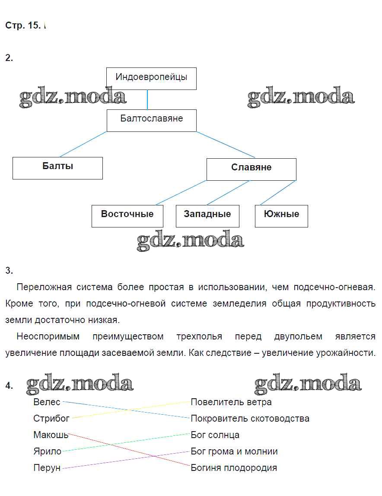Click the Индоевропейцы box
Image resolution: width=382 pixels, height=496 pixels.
coord(151,78)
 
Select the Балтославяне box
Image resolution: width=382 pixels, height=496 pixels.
coord(151,120)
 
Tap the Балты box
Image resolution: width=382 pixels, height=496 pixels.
coord(57,168)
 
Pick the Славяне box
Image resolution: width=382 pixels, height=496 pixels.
coord(251,169)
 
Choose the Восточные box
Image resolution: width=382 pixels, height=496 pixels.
coord(127,215)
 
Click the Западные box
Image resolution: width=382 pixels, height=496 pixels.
coord(207,215)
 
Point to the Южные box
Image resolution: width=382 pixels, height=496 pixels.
coord(281,215)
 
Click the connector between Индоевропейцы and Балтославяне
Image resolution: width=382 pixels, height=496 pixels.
coord(147,99)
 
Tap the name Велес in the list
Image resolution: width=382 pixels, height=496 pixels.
coord(47,402)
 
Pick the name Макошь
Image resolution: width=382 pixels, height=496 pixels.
coord(51,435)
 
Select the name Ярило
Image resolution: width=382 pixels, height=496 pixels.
coord(47,451)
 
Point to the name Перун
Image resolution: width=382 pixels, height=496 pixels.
coord(47,468)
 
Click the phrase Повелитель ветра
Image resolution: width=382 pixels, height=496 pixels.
coord(231,402)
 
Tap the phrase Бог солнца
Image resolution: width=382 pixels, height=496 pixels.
coord(215,435)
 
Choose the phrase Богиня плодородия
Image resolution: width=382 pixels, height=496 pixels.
coord(234,468)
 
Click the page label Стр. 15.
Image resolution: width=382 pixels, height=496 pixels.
coord(23,26)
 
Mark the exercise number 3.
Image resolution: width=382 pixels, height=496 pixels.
coord(9,271)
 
